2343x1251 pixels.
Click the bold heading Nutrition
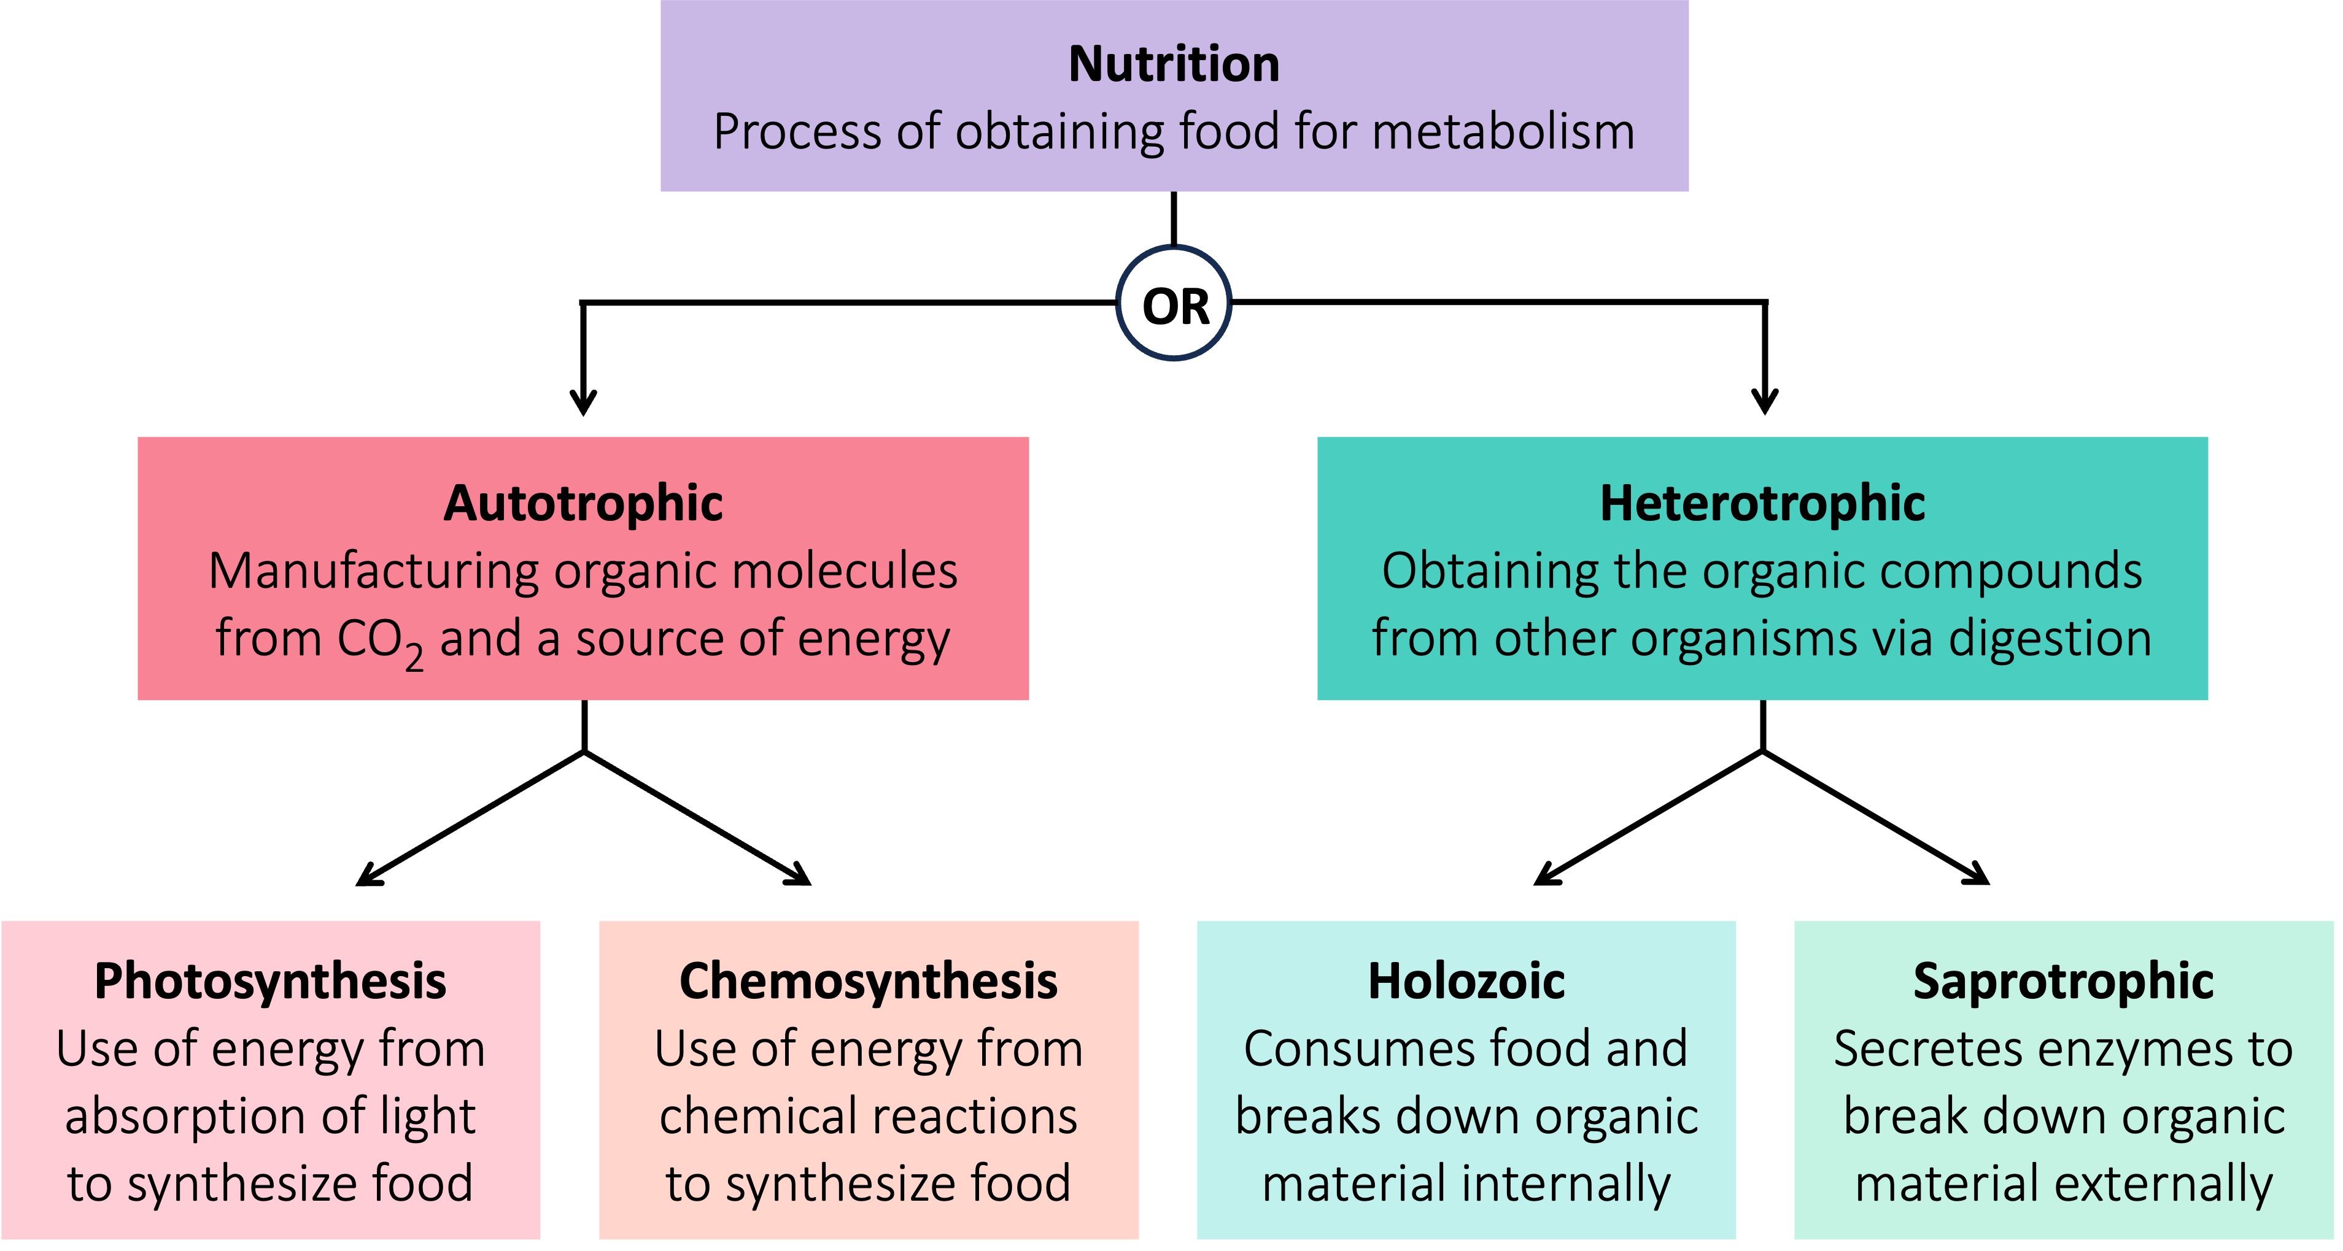pyautogui.click(x=1173, y=64)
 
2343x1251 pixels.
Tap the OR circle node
pyautogui.click(x=1174, y=304)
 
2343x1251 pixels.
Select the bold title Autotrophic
pyautogui.click(x=583, y=502)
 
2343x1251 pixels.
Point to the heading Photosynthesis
pyautogui.click(x=270, y=982)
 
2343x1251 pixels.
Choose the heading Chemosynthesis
pyautogui.click(x=869, y=982)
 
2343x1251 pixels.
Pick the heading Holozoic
pyautogui.click(x=1466, y=982)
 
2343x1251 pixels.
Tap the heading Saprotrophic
pyautogui.click(x=2063, y=982)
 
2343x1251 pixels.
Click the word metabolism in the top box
pyautogui.click(x=1503, y=132)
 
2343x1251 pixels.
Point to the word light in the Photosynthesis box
pyautogui.click(x=427, y=1117)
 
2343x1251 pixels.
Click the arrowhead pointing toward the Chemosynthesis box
pyautogui.click(x=800, y=876)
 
